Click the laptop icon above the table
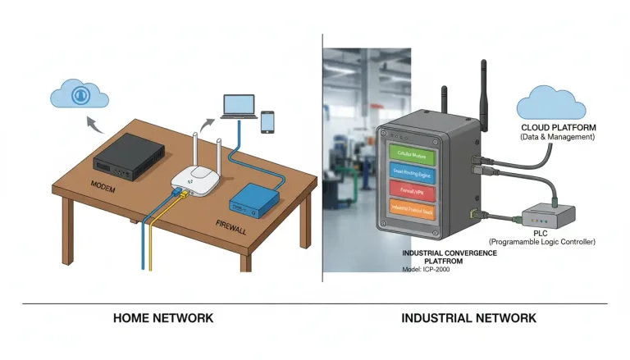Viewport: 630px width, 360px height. [240, 105]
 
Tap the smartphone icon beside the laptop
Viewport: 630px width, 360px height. [267, 121]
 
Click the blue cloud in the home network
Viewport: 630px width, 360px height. [80, 93]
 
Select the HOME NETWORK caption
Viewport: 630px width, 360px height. [162, 317]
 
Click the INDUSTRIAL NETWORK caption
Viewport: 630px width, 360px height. [468, 317]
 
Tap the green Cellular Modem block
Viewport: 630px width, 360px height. [416, 153]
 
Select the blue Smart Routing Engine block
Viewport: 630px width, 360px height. [416, 172]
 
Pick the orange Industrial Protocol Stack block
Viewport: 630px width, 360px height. [416, 211]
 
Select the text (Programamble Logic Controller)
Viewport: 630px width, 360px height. [541, 242]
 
